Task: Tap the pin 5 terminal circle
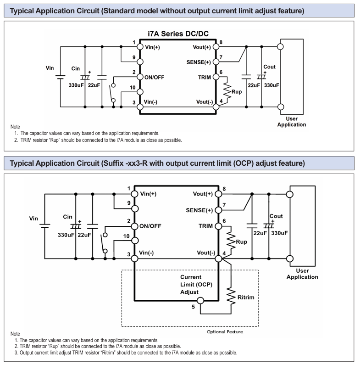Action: point(200,301)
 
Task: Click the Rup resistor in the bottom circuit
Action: point(231,241)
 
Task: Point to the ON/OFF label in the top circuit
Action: point(154,77)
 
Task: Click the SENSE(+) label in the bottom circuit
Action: point(199,210)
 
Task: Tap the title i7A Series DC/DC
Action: point(178,34)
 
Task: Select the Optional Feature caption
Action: point(225,331)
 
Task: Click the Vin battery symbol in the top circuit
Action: point(60,77)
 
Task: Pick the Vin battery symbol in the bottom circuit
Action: point(44,226)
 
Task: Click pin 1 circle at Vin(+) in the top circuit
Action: point(140,47)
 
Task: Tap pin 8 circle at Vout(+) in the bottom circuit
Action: point(218,194)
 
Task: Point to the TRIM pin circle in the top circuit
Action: point(216,77)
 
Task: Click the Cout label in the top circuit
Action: point(269,67)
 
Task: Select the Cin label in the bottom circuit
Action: point(68,217)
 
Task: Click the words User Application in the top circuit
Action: point(292,122)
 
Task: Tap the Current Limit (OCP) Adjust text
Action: point(196,285)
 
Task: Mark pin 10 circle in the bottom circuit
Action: point(135,241)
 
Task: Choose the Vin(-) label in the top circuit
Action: point(150,102)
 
